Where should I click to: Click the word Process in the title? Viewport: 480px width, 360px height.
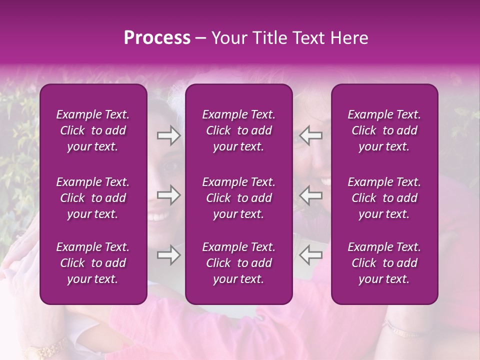click(x=157, y=38)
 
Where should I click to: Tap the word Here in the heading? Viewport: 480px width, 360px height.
click(x=348, y=38)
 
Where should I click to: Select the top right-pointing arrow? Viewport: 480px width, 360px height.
click(x=168, y=135)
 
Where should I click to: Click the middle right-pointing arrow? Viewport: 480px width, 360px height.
click(x=168, y=194)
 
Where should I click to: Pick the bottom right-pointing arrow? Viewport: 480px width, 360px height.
click(x=168, y=255)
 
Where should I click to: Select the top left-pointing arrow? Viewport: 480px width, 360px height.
click(x=310, y=135)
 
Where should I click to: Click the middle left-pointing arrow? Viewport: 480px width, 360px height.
click(x=310, y=194)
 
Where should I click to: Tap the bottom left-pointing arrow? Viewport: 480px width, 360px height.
click(x=310, y=255)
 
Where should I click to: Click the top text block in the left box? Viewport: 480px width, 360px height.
click(x=93, y=130)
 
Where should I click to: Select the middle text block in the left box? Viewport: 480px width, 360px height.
click(x=93, y=198)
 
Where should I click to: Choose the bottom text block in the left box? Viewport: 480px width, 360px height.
click(x=93, y=263)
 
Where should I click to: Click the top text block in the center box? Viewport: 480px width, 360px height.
click(x=238, y=130)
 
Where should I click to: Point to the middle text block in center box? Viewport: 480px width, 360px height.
click(x=238, y=198)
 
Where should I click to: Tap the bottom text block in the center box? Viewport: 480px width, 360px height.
click(x=238, y=263)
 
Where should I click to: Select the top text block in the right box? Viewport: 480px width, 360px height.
click(x=384, y=130)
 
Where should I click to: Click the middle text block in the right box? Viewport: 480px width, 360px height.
click(x=384, y=198)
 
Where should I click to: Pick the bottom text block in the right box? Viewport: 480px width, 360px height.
click(x=384, y=263)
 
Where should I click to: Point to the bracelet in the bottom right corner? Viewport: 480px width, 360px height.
click(x=402, y=330)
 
